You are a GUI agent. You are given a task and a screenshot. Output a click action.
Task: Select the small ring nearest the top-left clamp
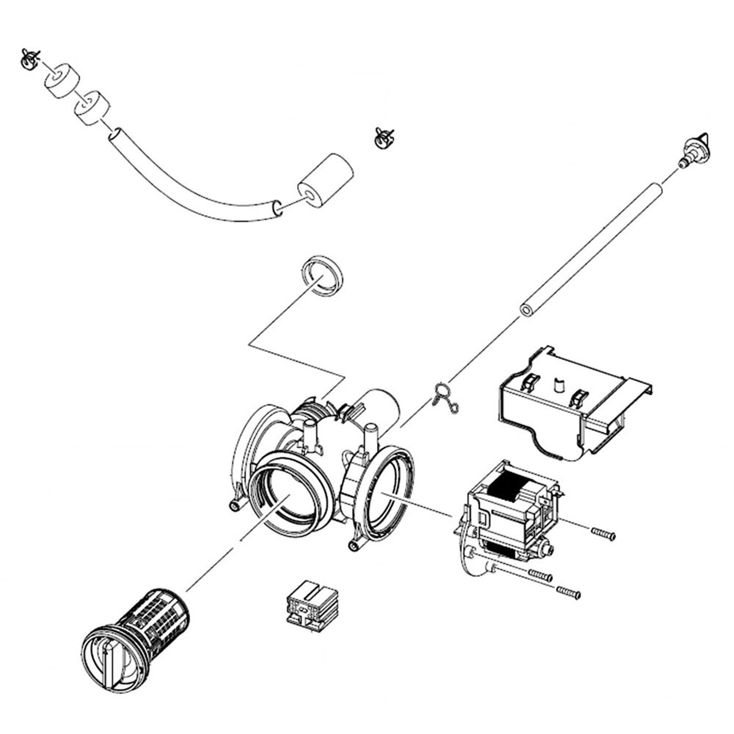pyautogui.click(x=61, y=81)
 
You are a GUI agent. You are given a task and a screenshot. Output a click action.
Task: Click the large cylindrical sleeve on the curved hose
pyautogui.click(x=325, y=181)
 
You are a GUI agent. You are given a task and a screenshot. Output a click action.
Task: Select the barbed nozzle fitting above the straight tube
pyautogui.click(x=693, y=150)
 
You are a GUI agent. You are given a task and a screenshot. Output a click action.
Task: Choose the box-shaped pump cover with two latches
pyautogui.click(x=571, y=404)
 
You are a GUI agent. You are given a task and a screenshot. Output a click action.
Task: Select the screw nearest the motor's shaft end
pyautogui.click(x=603, y=534)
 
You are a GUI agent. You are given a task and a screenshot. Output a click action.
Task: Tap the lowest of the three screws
pyautogui.click(x=568, y=592)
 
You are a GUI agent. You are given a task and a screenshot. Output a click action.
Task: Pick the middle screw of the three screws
pyautogui.click(x=541, y=575)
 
